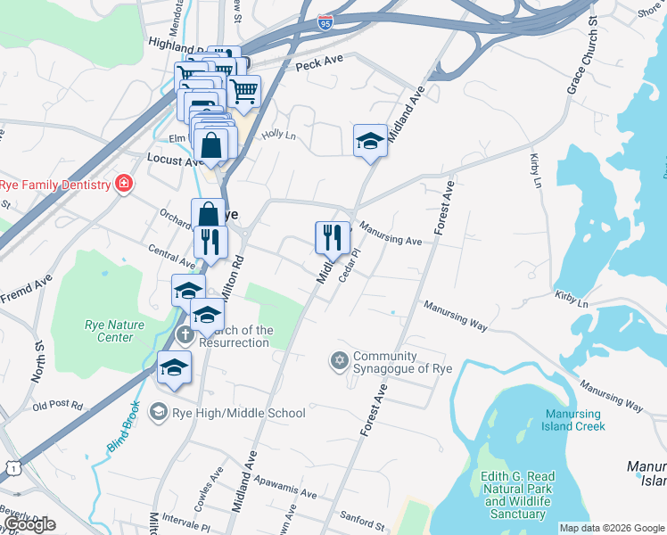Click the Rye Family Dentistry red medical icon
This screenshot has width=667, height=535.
[123, 185]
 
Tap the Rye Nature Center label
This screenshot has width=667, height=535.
[114, 331]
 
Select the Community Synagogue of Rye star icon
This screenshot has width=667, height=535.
[338, 360]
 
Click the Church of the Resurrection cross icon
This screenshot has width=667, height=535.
[185, 336]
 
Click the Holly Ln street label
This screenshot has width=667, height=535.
[276, 134]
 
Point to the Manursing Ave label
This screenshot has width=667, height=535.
[391, 235]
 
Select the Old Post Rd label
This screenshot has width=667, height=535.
[57, 407]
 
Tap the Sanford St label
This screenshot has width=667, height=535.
[362, 517]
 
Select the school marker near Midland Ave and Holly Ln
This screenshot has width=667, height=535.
[370, 141]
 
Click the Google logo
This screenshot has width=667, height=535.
[29, 524]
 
